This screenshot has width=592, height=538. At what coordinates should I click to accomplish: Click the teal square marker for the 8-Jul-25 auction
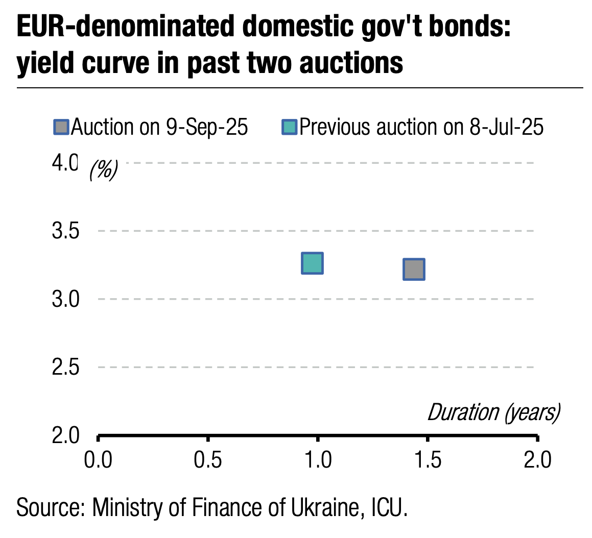tap(312, 263)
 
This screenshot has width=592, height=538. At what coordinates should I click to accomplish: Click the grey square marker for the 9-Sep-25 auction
tap(414, 270)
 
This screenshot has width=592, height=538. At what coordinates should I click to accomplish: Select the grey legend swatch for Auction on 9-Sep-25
tap(61, 127)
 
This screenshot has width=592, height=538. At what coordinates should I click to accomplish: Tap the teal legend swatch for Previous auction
tap(289, 127)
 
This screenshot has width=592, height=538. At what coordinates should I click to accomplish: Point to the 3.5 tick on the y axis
tap(65, 231)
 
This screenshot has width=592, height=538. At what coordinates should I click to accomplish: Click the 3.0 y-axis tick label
tap(65, 299)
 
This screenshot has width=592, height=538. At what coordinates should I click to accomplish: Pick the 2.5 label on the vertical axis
tap(65, 367)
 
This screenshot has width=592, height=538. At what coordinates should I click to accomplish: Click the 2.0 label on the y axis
tap(65, 435)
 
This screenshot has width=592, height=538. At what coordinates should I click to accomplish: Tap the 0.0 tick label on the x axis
tap(98, 460)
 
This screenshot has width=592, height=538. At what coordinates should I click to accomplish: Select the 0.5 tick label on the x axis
tap(208, 460)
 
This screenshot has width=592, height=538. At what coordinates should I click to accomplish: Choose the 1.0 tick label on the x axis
tap(318, 460)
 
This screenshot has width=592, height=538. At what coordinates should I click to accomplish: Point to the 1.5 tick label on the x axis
tap(428, 460)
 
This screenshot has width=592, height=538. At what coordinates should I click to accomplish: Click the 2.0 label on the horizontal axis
tap(537, 460)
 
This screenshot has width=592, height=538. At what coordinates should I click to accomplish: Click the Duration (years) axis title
tap(493, 412)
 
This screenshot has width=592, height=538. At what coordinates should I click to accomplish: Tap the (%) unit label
tap(104, 169)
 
